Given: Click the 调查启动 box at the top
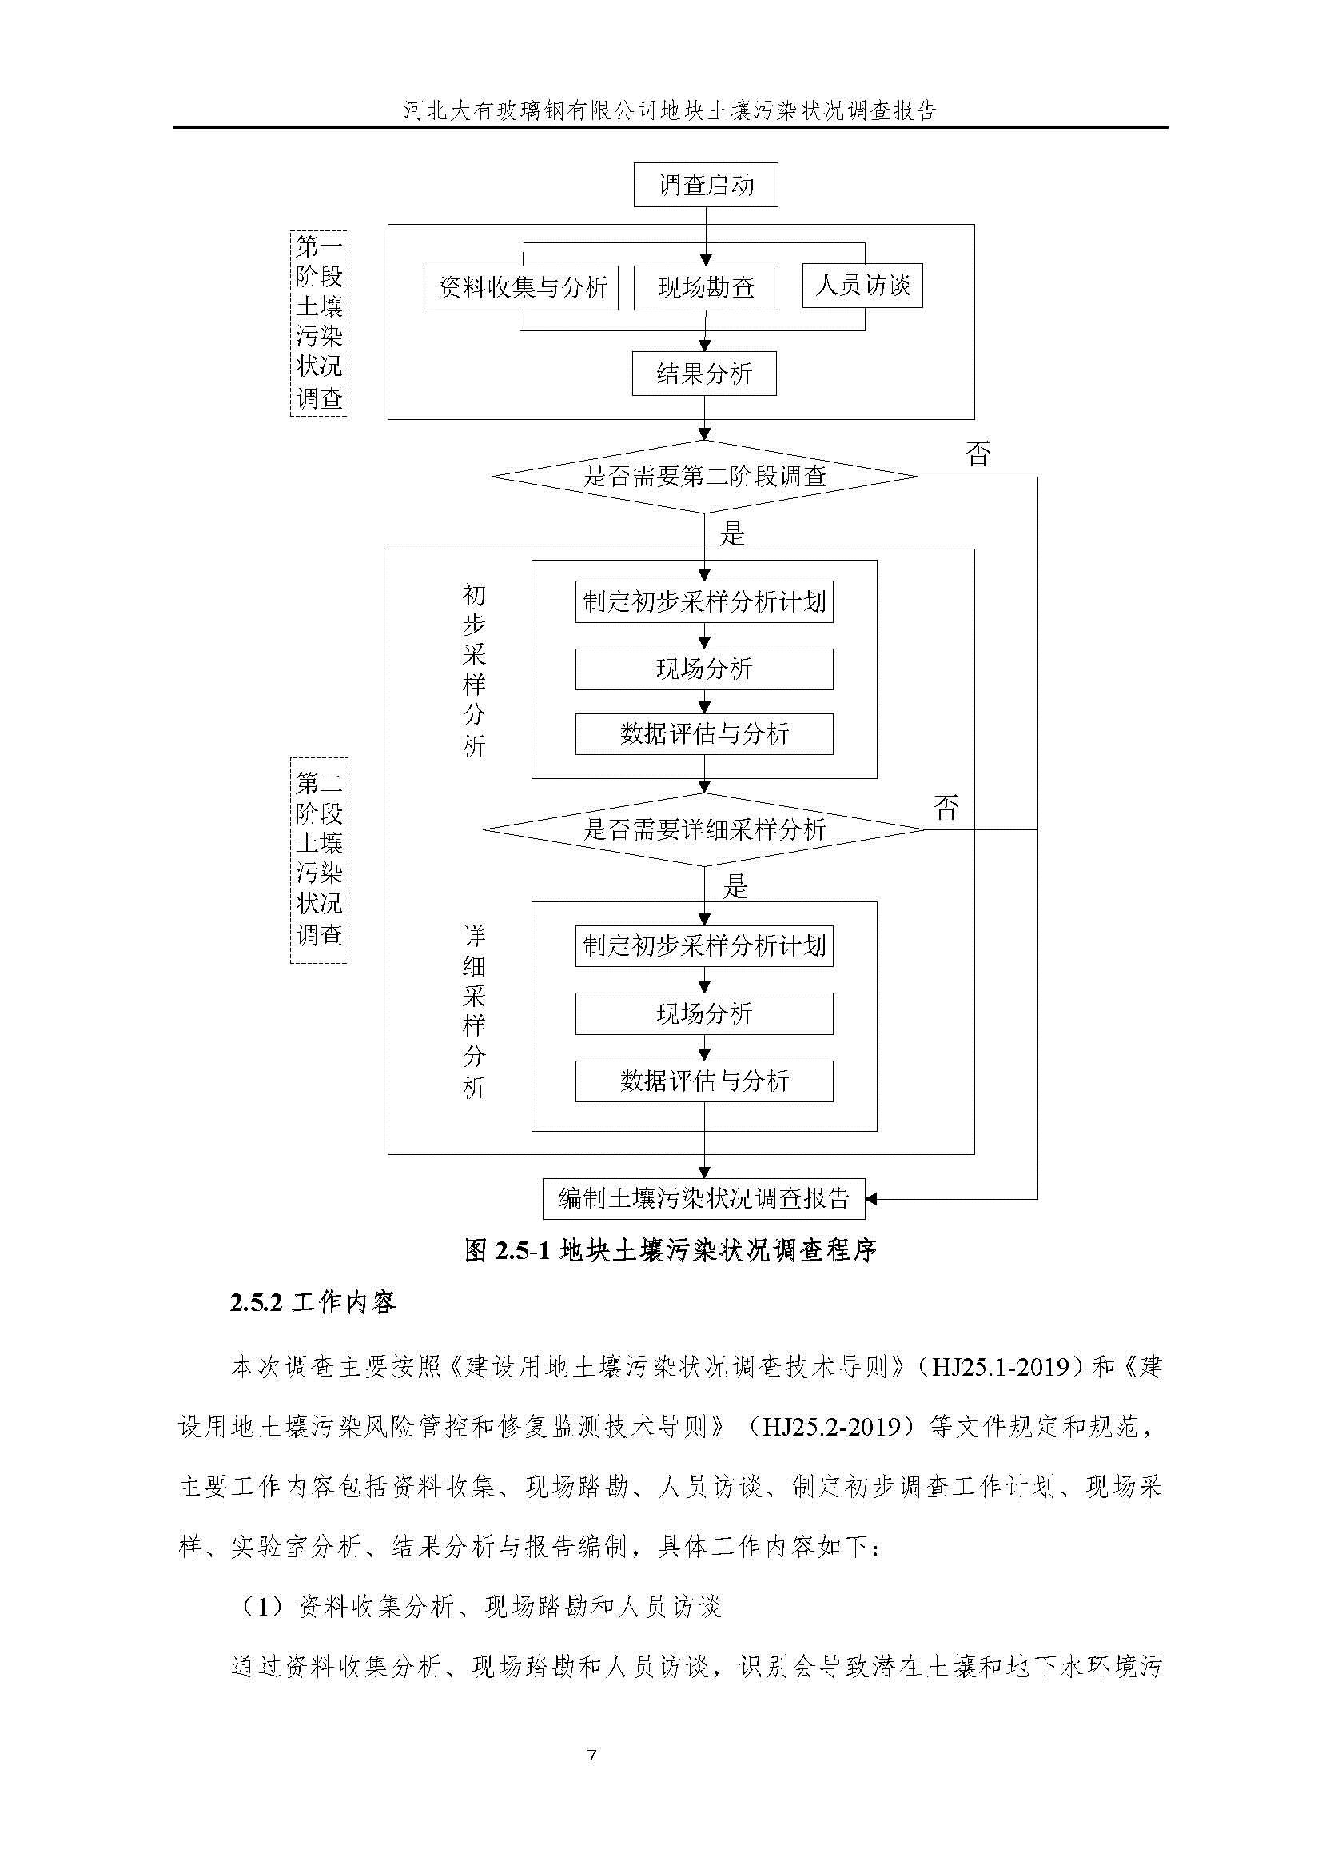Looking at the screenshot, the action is coord(705,185).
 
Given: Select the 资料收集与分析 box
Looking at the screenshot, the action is coord(523,287).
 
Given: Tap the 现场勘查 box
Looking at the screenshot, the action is coord(706,287).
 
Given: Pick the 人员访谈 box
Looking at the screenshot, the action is coord(862,285).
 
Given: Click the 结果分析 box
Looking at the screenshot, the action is coord(704,374).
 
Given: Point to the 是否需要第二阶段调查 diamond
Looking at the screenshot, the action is coord(705,477).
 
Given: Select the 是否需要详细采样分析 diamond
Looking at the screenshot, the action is coord(704,830).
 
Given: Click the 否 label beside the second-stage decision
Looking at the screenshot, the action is coord(978,454).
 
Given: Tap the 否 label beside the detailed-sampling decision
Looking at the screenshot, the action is coord(946,807).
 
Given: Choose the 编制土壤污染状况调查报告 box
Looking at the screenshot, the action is coord(704,1198).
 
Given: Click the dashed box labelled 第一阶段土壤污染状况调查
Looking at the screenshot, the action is coord(319,323).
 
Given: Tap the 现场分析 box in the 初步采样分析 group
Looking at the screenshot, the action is coord(704,669).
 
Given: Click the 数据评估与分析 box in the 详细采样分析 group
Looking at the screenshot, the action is coord(704,1081).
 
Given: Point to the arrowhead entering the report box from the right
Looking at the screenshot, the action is coord(871,1198).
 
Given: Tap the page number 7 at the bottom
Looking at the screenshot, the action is coord(591,1756).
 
